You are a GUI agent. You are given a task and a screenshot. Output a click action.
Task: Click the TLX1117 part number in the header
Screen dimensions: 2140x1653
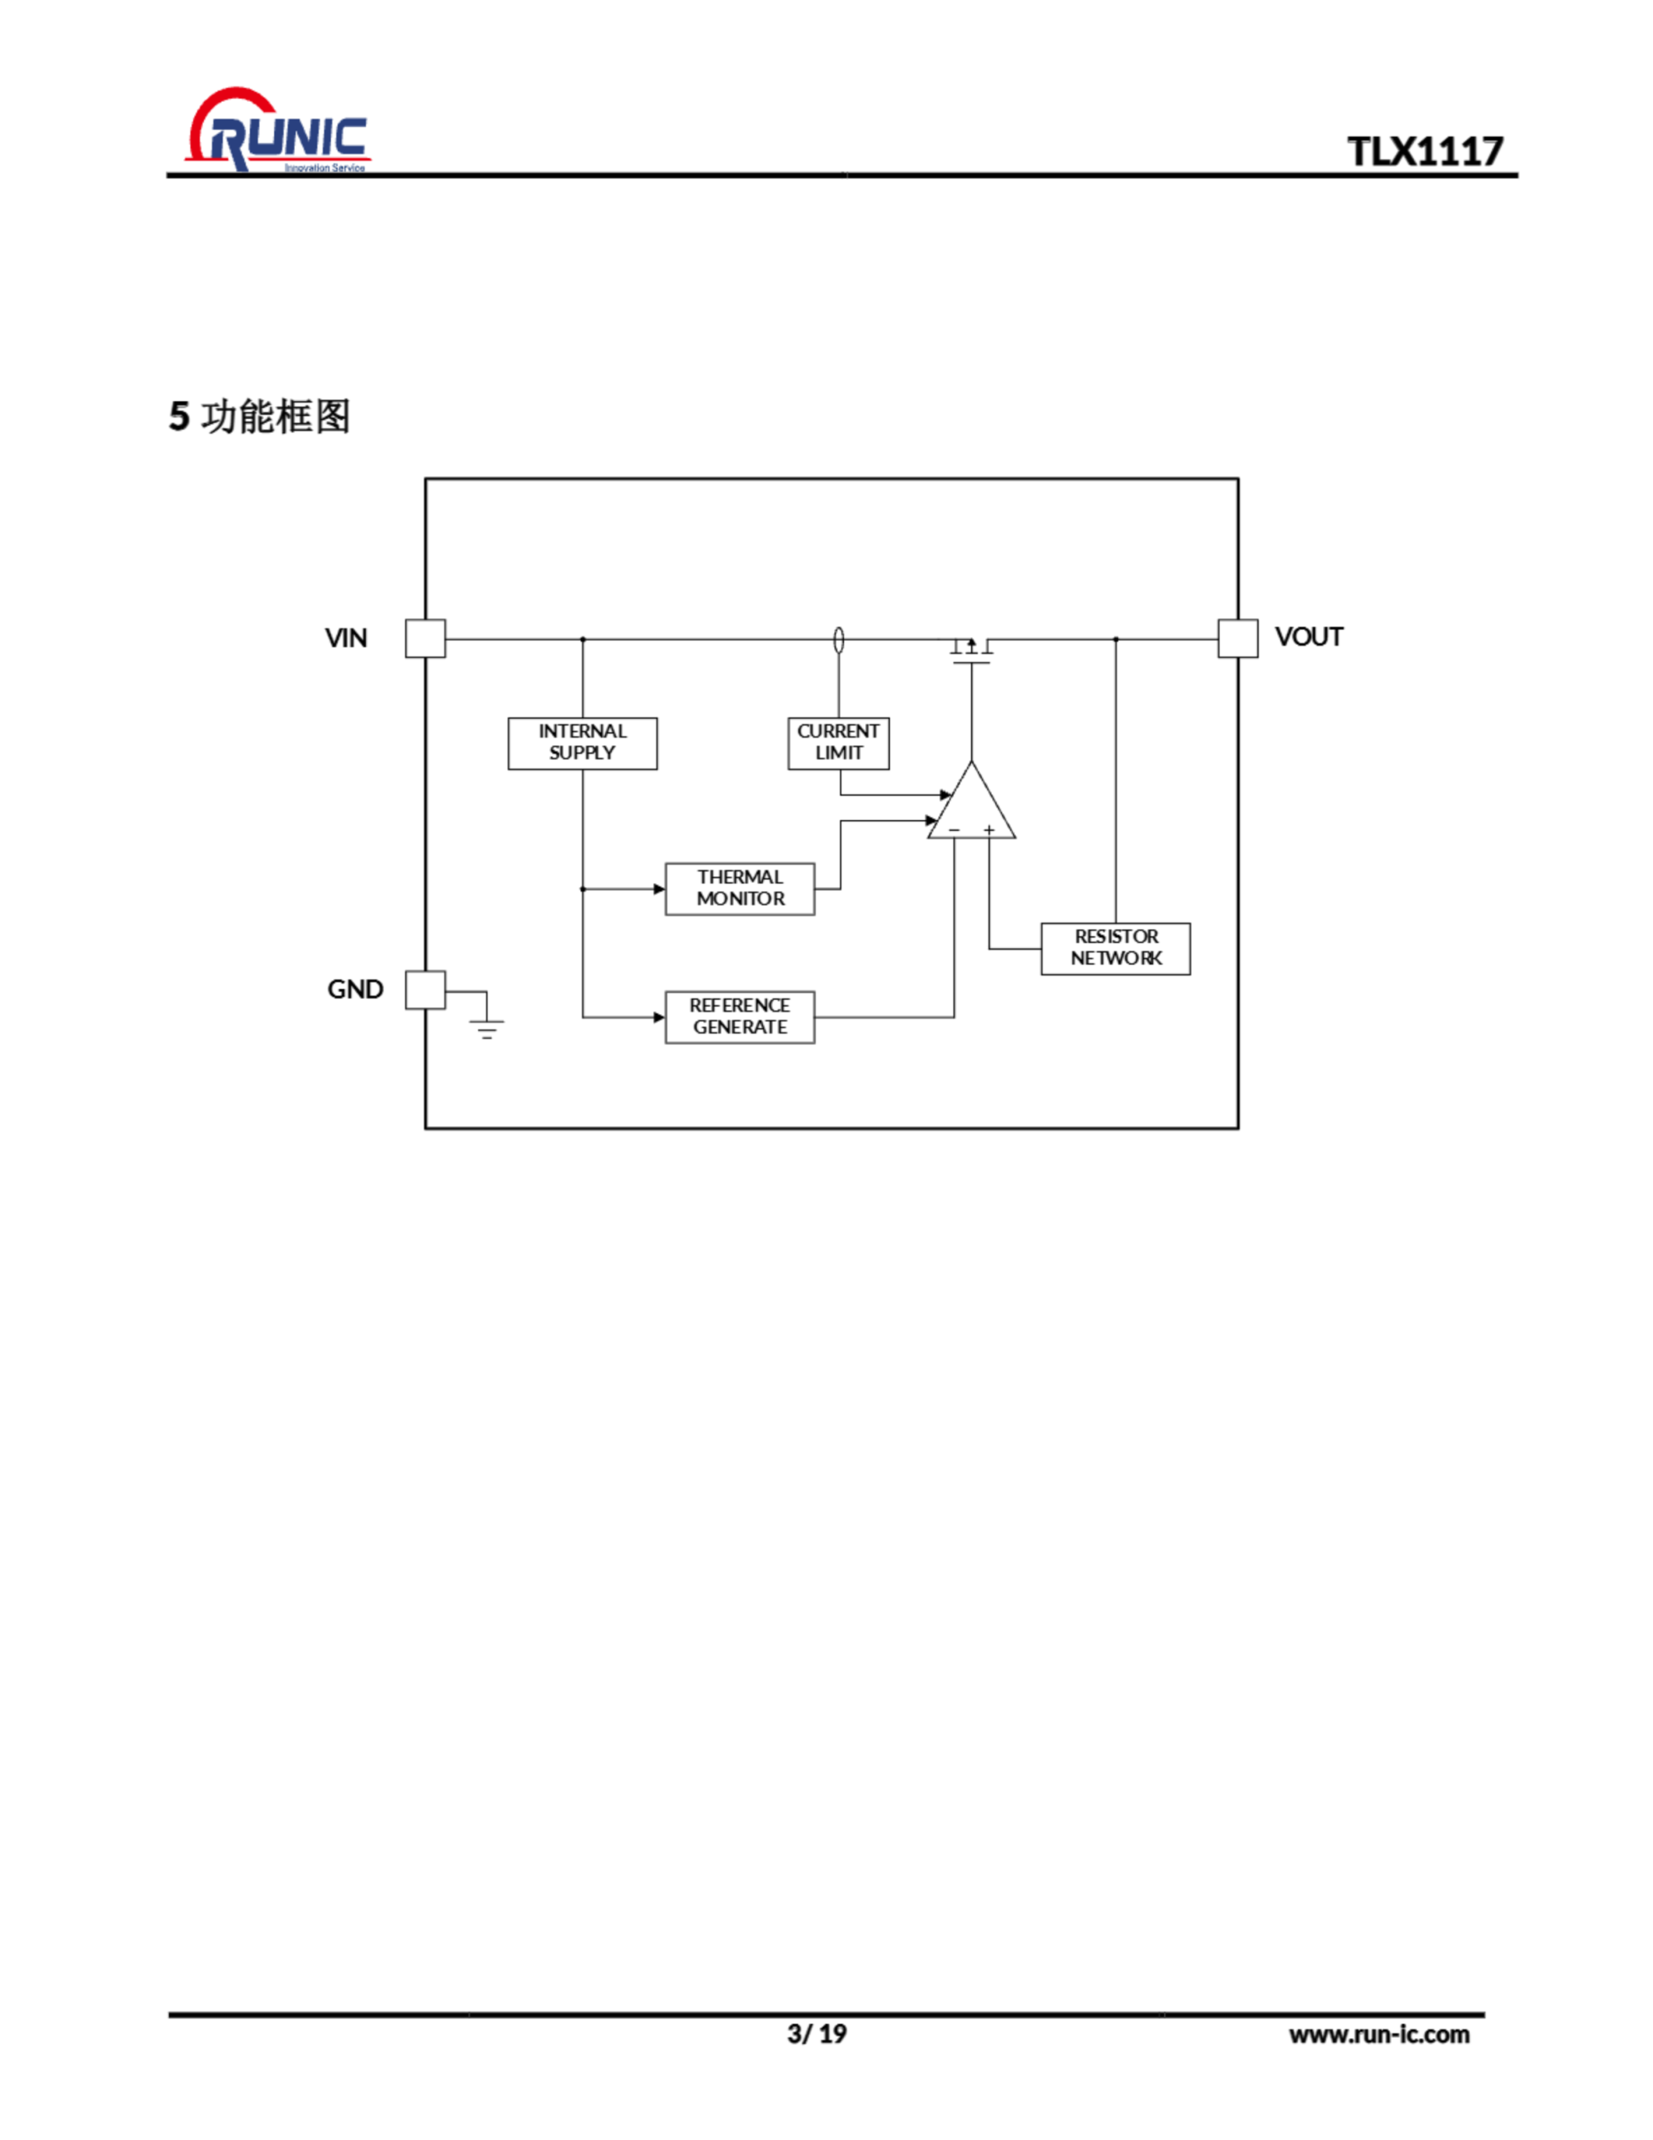(1424, 152)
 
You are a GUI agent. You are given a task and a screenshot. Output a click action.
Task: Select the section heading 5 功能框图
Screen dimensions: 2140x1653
(260, 416)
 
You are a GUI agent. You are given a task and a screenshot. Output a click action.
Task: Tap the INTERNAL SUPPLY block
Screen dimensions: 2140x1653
(582, 742)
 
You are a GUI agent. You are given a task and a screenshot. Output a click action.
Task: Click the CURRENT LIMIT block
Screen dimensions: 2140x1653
(837, 742)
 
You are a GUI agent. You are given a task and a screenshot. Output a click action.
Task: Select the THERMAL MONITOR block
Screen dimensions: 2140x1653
(740, 889)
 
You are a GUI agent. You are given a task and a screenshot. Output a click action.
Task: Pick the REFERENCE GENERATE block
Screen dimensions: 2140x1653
(740, 1017)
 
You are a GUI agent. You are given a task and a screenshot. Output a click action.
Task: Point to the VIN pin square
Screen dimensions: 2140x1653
(425, 639)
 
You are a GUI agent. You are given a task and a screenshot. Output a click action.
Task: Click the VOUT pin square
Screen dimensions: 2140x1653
(1238, 639)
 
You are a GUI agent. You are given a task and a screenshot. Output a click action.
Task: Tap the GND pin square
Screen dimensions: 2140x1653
(425, 990)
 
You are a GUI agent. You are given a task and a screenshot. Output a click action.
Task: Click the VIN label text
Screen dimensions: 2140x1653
(346, 639)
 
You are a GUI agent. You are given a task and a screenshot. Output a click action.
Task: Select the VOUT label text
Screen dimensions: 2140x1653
(1308, 637)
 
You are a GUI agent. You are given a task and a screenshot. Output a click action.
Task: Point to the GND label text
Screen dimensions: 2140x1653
(354, 990)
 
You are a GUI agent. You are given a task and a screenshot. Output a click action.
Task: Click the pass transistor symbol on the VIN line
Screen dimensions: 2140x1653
(971, 650)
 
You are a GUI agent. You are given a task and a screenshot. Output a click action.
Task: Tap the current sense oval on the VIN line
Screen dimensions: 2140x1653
(837, 639)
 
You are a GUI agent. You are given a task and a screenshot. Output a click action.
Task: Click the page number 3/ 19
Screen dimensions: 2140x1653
(816, 2034)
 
